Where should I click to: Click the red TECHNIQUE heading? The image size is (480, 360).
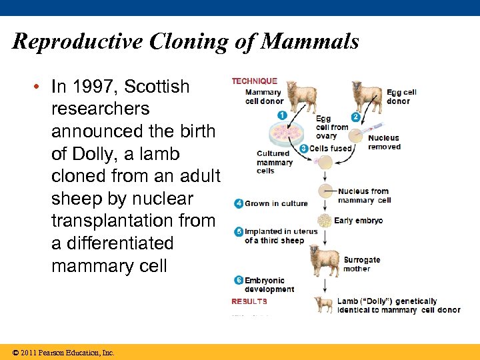tap(254, 81)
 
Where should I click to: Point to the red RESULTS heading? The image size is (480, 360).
tap(249, 301)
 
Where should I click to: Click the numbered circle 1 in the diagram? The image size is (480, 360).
tap(282, 115)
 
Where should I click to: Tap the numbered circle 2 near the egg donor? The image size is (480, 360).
tap(356, 117)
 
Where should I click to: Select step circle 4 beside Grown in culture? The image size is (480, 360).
tap(238, 203)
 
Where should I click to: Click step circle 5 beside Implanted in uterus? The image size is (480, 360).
tap(238, 232)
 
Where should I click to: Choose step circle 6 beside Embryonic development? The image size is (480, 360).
tap(238, 281)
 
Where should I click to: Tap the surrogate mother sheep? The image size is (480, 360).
tap(324, 260)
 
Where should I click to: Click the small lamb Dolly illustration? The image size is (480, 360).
tap(325, 305)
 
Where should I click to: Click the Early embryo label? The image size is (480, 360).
tap(358, 221)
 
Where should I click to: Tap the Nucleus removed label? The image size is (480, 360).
tap(384, 143)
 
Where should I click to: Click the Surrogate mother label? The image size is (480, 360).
tap(361, 264)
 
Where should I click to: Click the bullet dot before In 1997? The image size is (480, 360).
tap(41, 87)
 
